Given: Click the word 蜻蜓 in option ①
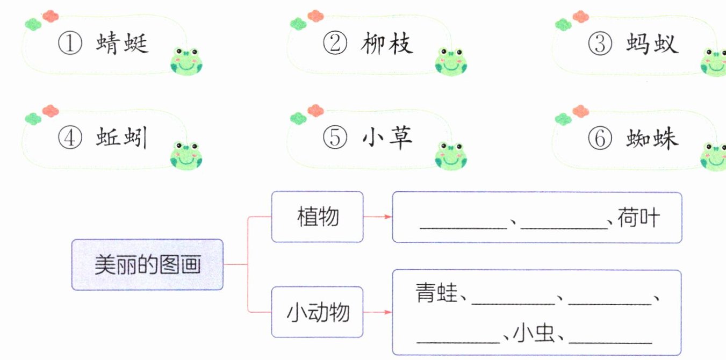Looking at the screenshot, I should [123, 45].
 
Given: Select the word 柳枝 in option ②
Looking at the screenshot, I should [387, 45].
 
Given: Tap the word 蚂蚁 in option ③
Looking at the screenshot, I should [652, 45].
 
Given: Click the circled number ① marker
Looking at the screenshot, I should [70, 45].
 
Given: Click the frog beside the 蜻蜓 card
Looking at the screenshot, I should [186, 61].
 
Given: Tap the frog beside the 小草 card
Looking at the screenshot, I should [451, 155].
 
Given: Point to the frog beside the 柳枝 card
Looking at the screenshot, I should [451, 61].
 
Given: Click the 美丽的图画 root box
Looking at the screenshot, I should [147, 265].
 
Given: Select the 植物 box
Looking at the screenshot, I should [318, 217].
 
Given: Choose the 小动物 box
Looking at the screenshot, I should [318, 312].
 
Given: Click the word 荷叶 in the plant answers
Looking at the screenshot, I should [638, 218].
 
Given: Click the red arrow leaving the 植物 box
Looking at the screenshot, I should [378, 217].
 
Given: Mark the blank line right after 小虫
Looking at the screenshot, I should [610, 341].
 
